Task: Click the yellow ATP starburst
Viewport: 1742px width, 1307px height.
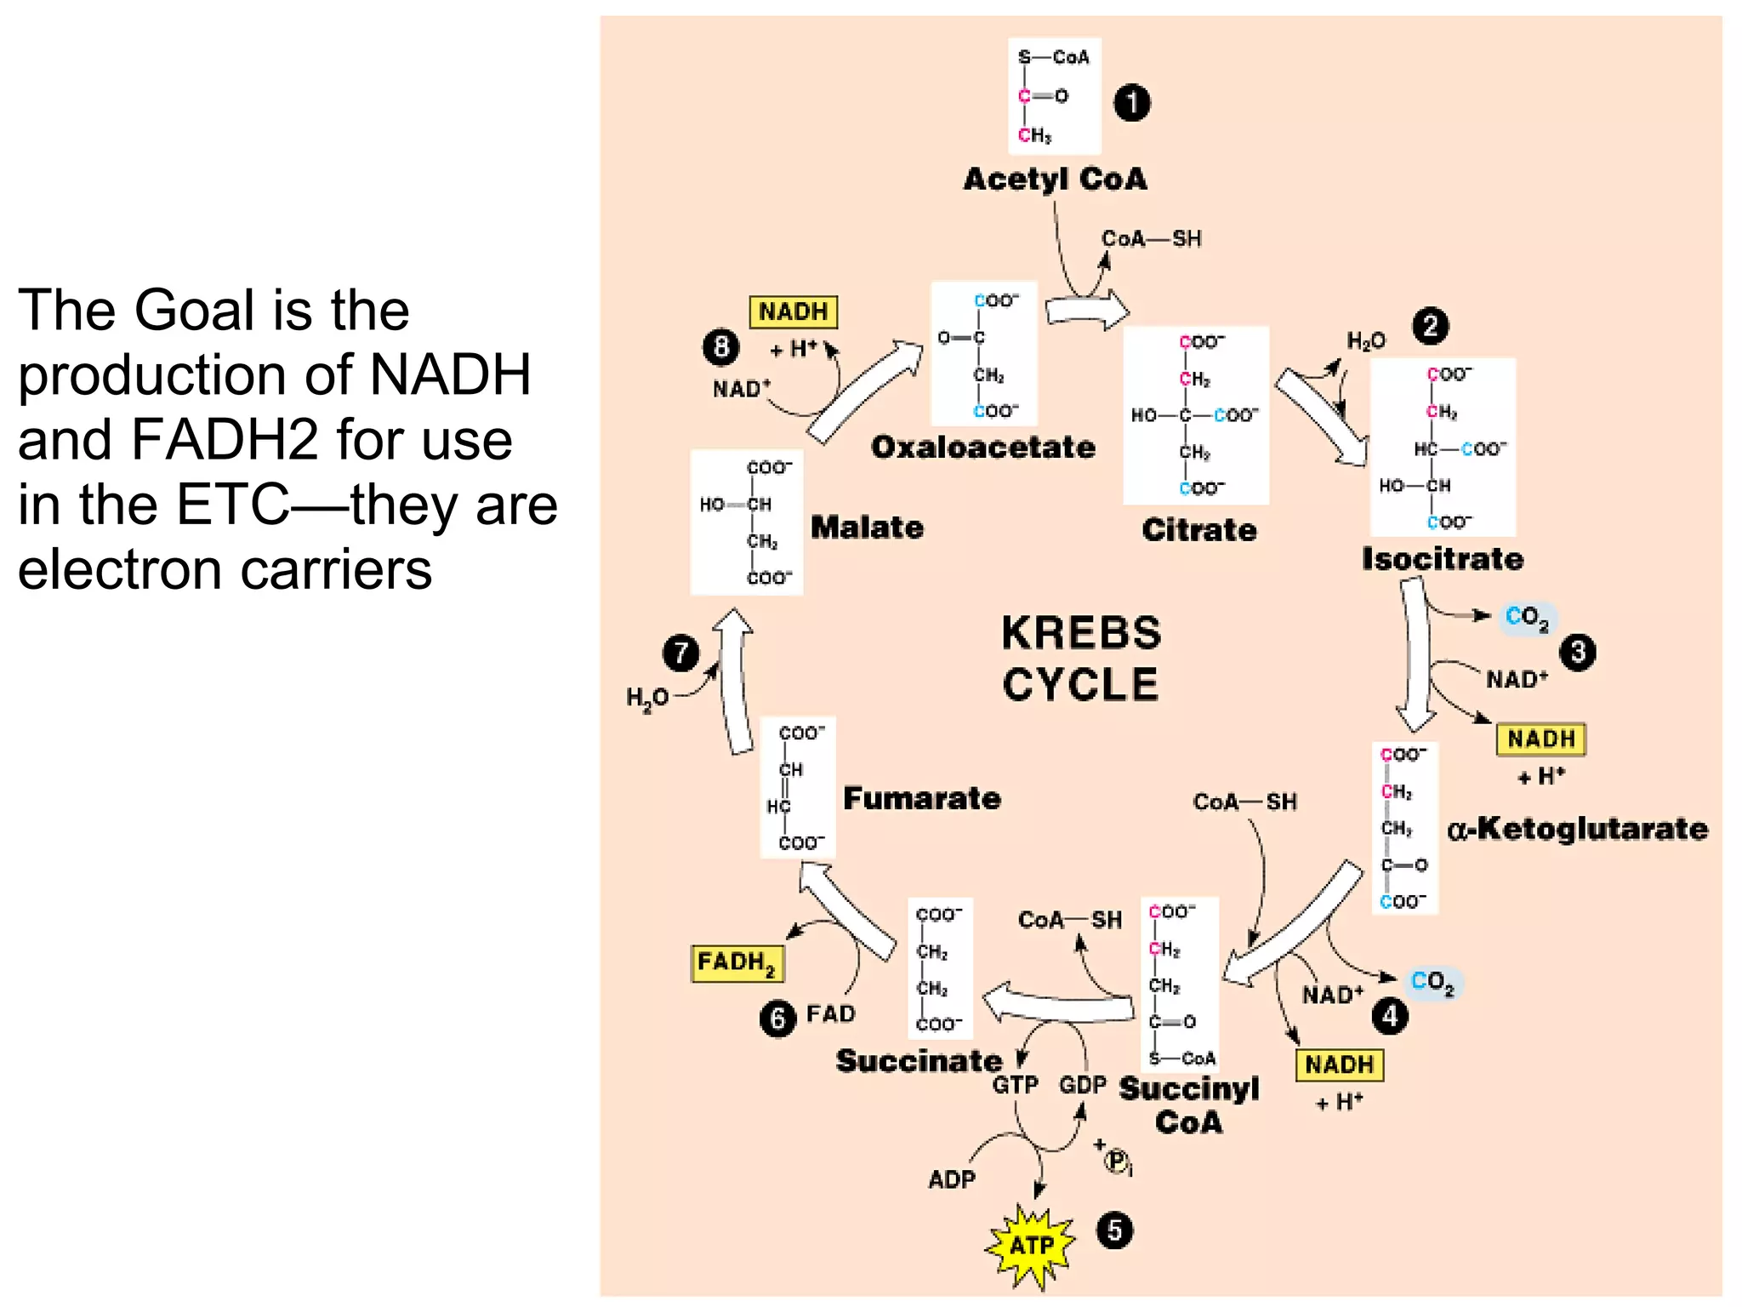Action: [x=1031, y=1246]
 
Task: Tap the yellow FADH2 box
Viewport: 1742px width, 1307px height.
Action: [x=737, y=963]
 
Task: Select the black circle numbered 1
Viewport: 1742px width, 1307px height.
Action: [x=1131, y=103]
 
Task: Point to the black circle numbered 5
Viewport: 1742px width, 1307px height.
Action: [x=1114, y=1230]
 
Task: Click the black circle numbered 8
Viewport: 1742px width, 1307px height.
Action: [x=720, y=347]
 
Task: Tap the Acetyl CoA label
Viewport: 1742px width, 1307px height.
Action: [x=1055, y=180]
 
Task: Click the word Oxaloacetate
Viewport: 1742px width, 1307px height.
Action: [x=982, y=448]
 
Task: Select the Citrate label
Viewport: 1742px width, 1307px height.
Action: [x=1198, y=530]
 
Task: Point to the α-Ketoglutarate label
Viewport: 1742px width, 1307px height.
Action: [x=1577, y=829]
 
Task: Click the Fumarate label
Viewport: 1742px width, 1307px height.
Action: [x=921, y=798]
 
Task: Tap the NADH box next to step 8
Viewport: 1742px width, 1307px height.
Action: [x=793, y=311]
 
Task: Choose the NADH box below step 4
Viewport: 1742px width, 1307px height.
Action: [x=1339, y=1064]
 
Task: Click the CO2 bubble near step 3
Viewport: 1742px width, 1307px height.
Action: [x=1528, y=618]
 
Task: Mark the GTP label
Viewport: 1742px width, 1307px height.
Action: [x=1015, y=1086]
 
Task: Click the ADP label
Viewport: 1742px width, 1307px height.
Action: [x=952, y=1179]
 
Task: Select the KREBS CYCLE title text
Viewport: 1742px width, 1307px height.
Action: [x=1080, y=659]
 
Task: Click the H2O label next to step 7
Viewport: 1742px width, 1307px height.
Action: [x=647, y=699]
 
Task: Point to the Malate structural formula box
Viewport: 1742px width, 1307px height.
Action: [x=746, y=522]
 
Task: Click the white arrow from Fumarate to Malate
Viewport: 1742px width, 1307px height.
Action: [x=735, y=681]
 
